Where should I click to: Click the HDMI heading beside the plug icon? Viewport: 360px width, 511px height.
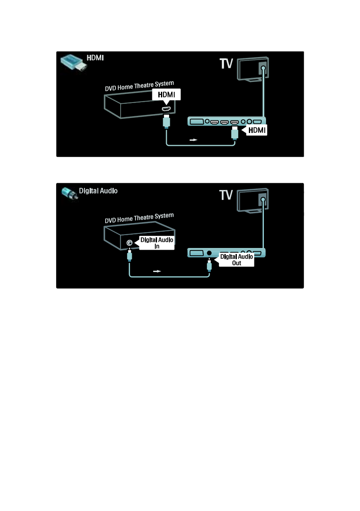click(x=96, y=58)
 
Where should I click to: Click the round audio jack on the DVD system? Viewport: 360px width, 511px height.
click(x=130, y=243)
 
